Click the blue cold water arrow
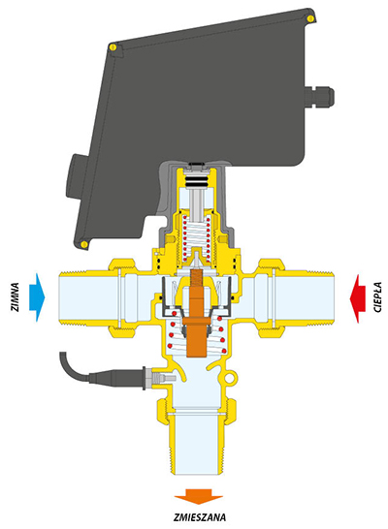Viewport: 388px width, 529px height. coord(37,296)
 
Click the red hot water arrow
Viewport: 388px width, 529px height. coord(357,298)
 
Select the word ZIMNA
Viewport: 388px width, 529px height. coord(15,296)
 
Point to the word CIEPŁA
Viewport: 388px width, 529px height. coord(378,297)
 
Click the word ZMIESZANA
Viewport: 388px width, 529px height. coord(200,517)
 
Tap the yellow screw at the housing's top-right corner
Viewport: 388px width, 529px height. coord(309,19)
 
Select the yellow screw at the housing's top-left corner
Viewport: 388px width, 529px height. coord(113,47)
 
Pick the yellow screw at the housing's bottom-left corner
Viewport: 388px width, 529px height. coord(84,244)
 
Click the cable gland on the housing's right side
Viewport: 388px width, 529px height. coord(319,95)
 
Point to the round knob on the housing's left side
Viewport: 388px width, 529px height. coord(72,177)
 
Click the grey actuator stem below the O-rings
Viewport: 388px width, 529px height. coord(197,203)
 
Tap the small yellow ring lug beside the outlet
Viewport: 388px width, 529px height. coord(230,378)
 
